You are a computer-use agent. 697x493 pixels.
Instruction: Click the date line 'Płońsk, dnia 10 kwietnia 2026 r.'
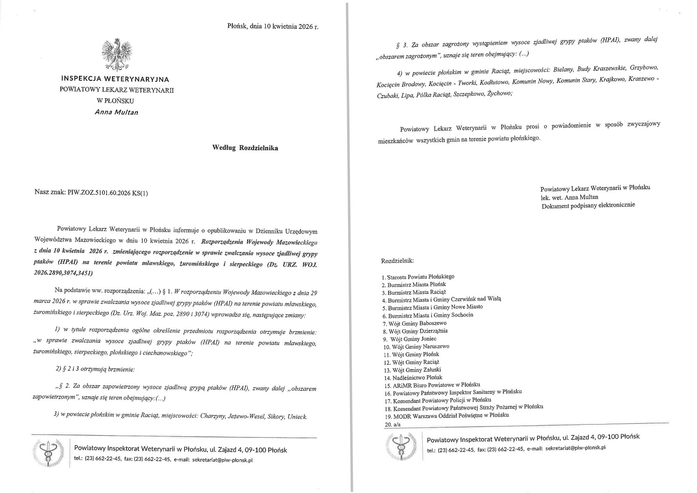pos(273,27)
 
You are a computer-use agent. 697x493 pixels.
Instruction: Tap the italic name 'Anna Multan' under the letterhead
pos(116,112)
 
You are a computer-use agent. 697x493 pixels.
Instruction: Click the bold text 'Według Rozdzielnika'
pos(245,148)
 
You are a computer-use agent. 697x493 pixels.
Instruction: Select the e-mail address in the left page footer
pos(222,460)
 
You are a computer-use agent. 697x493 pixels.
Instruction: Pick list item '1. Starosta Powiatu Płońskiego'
pos(418,277)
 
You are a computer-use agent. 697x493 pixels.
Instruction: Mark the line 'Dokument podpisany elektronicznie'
pos(588,205)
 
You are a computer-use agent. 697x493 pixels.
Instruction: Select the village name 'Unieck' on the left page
pos(297,417)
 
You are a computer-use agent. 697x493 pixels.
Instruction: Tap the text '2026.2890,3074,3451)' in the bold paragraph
pos(64,273)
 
